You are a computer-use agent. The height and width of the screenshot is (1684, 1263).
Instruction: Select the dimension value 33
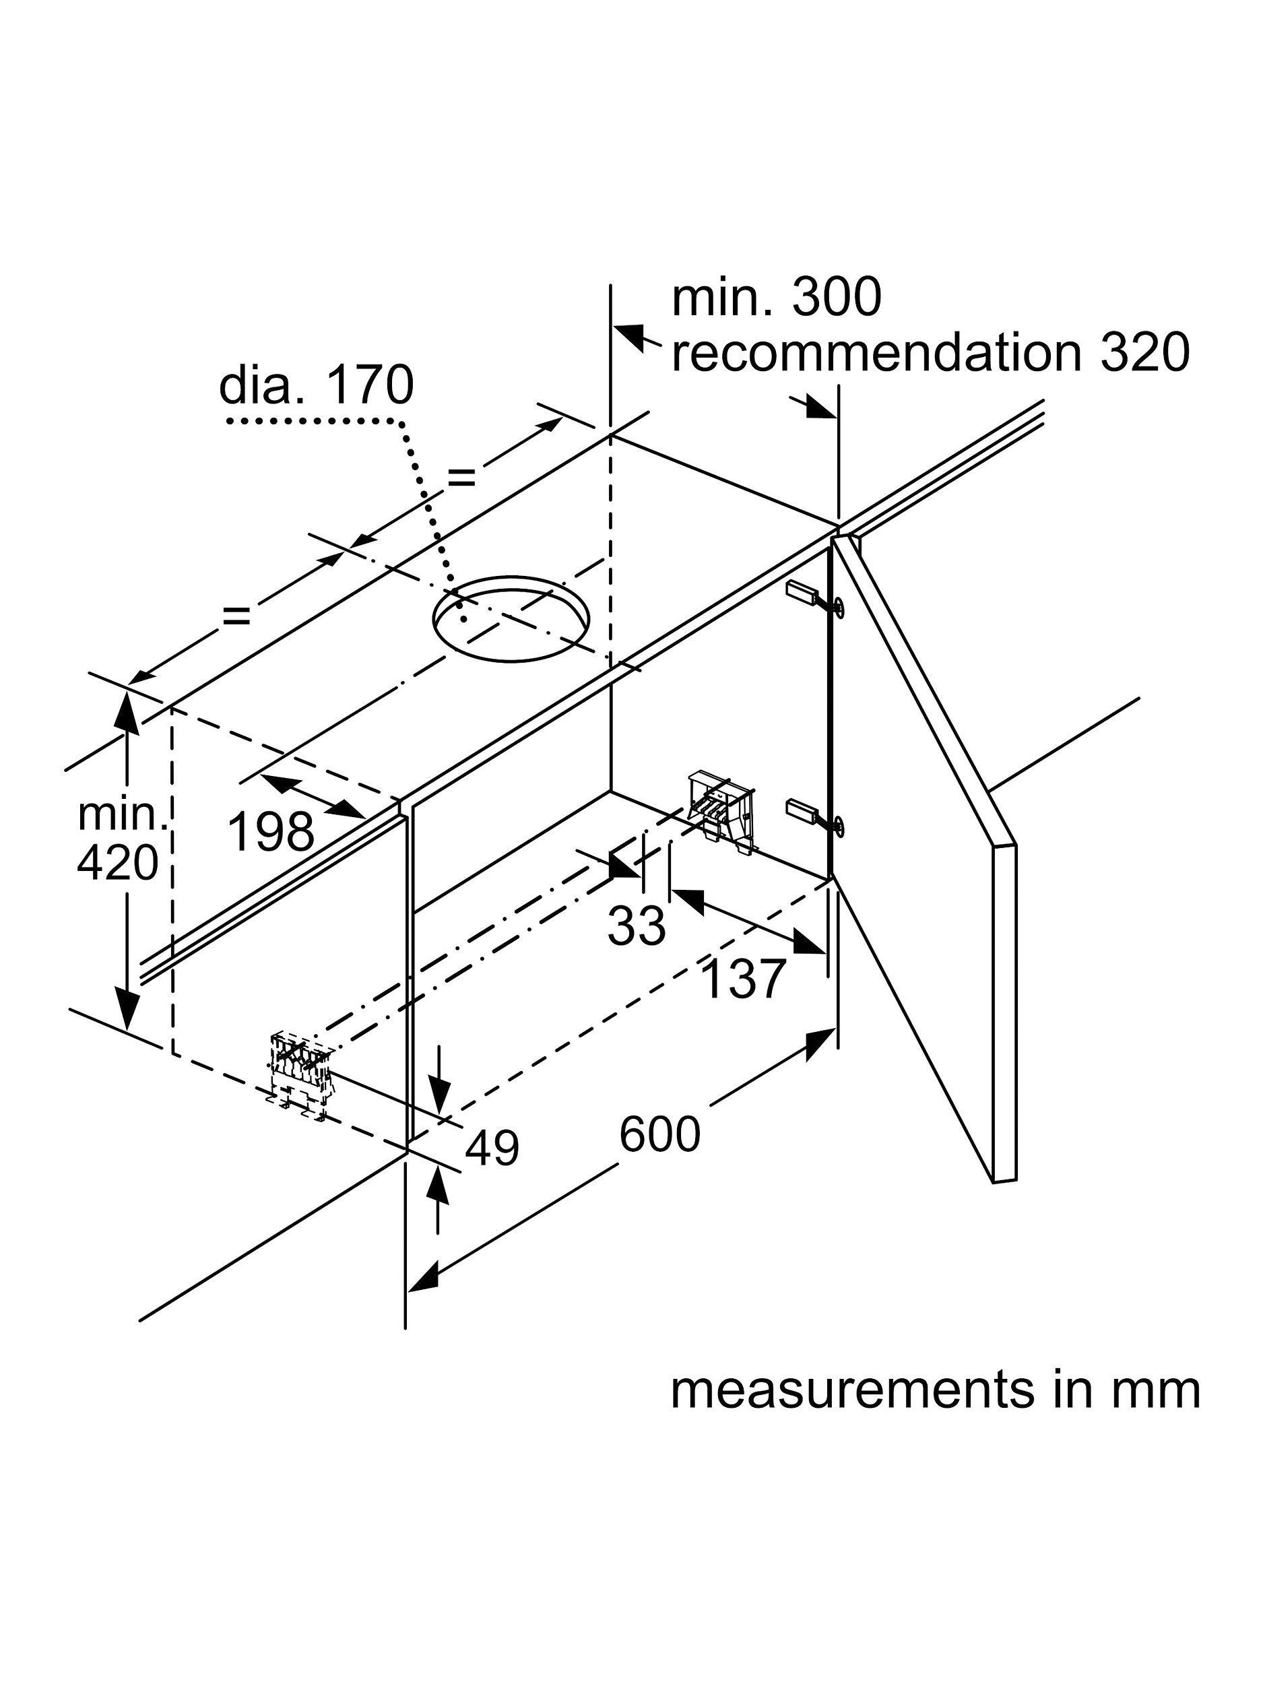637,926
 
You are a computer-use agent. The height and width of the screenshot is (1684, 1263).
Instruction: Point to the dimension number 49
492,1147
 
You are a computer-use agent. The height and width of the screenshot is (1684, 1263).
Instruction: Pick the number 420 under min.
118,863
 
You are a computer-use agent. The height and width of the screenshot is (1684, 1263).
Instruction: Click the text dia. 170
316,385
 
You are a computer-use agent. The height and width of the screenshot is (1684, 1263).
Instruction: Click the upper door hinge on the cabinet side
814,596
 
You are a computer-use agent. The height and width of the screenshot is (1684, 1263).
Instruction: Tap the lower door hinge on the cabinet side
814,813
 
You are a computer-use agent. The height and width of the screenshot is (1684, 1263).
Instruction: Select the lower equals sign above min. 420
236,615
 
